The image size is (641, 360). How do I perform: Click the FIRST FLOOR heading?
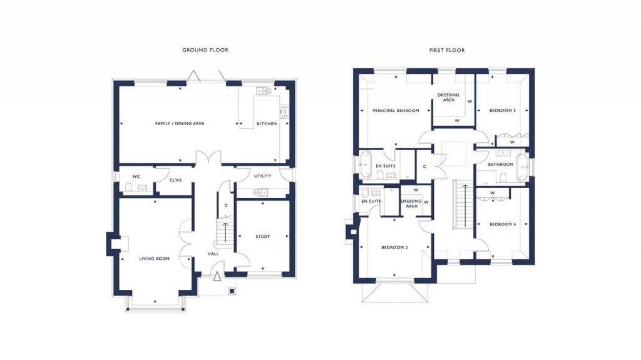click(x=446, y=50)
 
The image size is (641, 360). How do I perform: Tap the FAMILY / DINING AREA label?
click(x=180, y=124)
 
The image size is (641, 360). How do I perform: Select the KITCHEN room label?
click(x=267, y=124)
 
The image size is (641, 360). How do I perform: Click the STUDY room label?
click(x=262, y=237)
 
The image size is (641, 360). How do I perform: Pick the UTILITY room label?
click(x=262, y=176)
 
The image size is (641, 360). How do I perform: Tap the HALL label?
click(x=213, y=254)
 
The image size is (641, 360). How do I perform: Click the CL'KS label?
click(x=175, y=180)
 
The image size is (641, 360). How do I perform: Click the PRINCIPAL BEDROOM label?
click(x=396, y=111)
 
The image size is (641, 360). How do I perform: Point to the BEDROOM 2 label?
click(x=394, y=247)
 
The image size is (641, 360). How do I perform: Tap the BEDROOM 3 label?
click(x=502, y=111)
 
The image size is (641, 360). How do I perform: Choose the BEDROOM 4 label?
click(x=502, y=224)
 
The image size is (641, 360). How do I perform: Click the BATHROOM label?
click(x=501, y=165)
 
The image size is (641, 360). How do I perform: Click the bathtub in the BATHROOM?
click(x=522, y=167)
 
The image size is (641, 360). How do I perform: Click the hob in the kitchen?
click(x=285, y=111)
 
